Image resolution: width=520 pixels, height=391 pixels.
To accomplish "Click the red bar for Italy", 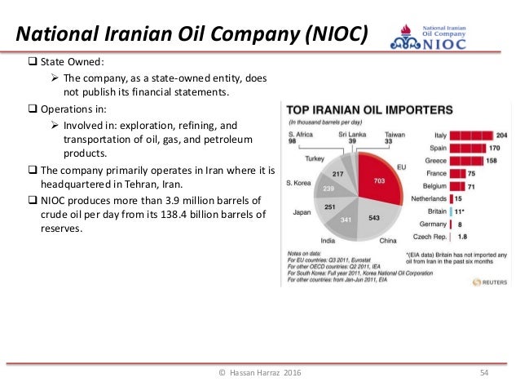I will click(474, 136).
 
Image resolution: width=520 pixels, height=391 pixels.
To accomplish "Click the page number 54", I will click(483, 373).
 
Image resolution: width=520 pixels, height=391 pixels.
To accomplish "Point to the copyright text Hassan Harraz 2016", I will click(259, 373).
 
